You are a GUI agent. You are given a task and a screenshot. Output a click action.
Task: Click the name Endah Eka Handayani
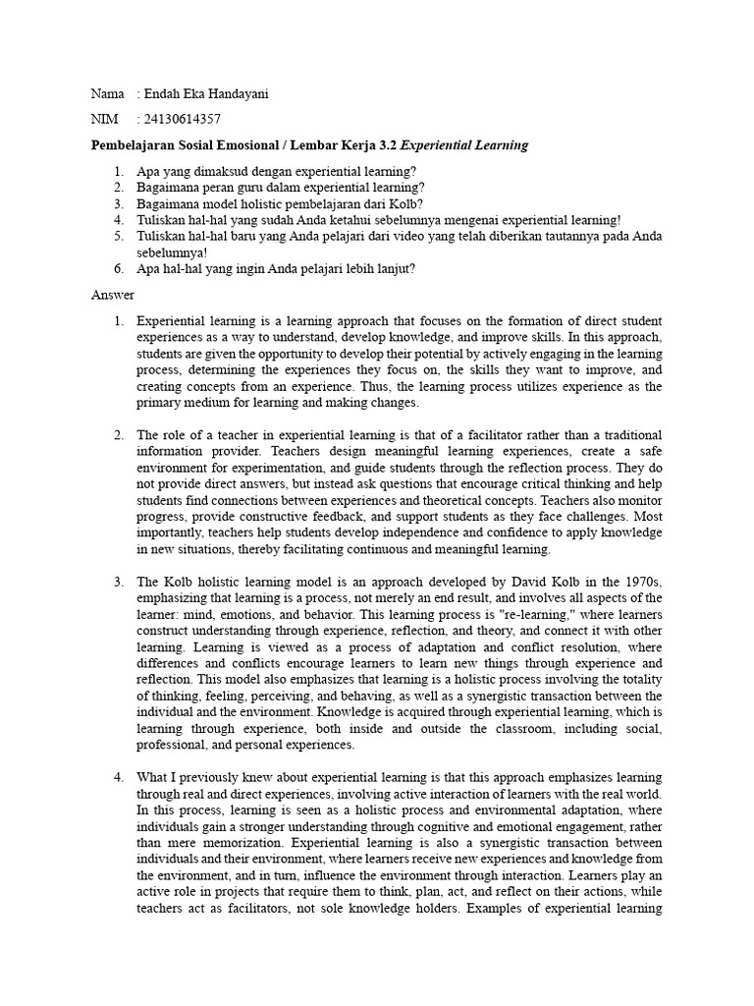[207, 93]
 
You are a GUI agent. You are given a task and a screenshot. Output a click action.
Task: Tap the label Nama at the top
[107, 93]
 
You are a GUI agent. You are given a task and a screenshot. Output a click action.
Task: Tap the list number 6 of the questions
[117, 268]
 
